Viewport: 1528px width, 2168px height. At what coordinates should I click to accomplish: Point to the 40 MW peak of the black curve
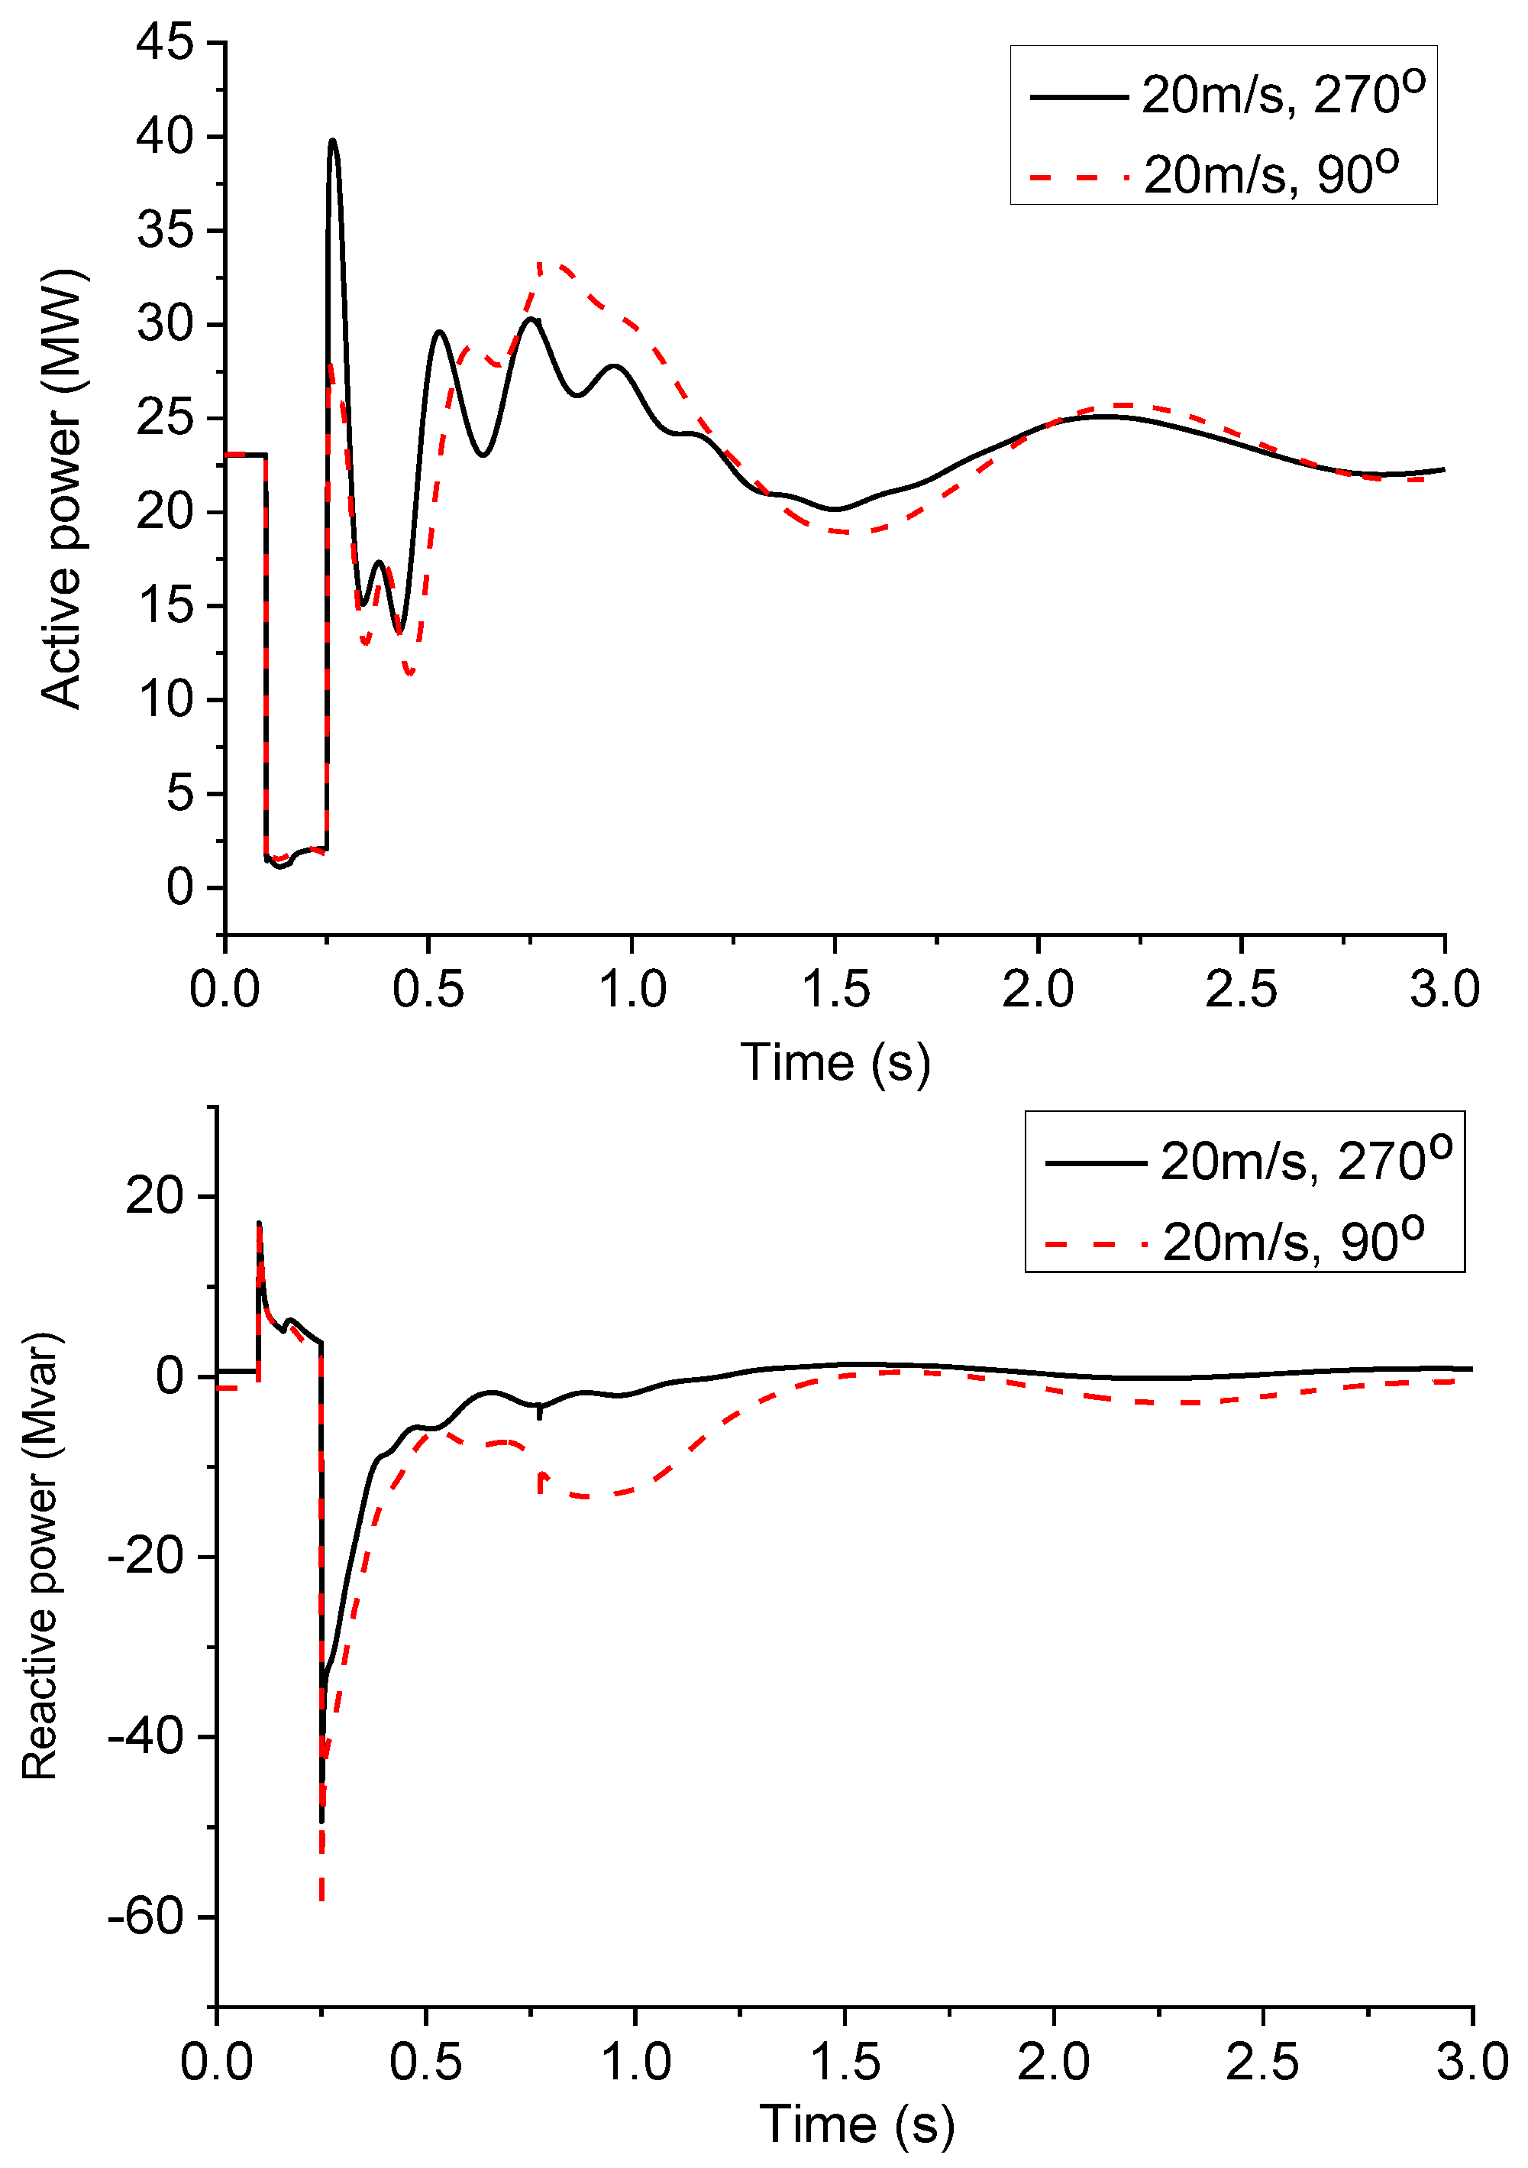[x=332, y=141]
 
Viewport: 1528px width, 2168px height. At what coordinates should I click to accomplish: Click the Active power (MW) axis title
[x=63, y=488]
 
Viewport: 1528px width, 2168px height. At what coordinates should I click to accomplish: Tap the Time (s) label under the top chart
[x=835, y=1062]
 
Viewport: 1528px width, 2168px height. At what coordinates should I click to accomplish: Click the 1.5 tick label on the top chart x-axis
[x=835, y=990]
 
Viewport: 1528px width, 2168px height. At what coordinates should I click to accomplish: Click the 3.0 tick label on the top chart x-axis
[x=1444, y=990]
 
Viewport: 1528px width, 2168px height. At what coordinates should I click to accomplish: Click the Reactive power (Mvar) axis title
[x=41, y=1555]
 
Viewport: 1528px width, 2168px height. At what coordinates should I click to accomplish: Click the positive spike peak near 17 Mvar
[x=259, y=1223]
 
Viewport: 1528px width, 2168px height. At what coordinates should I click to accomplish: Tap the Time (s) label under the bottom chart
[x=857, y=2125]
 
